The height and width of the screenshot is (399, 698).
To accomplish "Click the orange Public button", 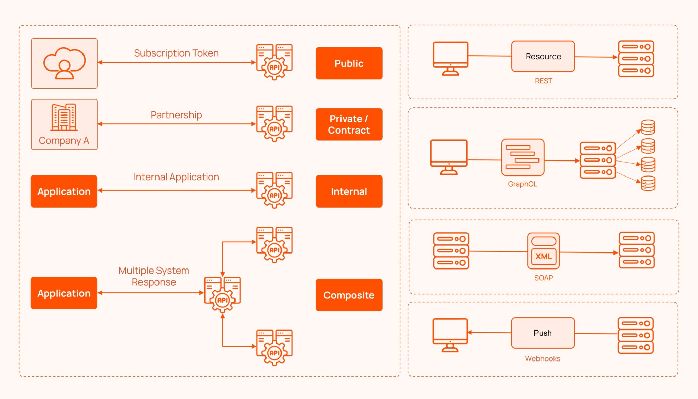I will pos(349,63).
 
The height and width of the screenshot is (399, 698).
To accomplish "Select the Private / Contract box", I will pos(349,124).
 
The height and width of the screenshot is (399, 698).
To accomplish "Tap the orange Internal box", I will pos(349,191).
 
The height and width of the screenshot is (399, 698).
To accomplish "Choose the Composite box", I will pos(349,295).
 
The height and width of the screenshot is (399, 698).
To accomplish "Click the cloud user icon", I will pos(64,63).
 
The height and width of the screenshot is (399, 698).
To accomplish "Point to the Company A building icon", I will pos(64,118).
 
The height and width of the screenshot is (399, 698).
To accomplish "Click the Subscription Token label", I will pos(176,53).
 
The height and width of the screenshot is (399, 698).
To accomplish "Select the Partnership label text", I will pos(176,115).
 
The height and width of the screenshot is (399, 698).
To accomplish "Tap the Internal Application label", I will pos(176,177).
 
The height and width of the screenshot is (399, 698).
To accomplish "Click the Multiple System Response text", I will pos(154,276).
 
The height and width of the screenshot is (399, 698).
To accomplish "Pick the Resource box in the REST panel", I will pos(543,56).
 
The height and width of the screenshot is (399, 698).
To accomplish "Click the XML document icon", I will pos(543,251).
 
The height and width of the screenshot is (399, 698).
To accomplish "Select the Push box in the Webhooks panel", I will pos(543,333).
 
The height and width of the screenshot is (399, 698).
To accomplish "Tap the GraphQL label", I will pos(522,184).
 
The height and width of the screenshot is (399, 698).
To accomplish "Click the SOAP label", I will pos(543,278).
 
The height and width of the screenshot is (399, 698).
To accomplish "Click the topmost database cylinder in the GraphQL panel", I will pos(648,127).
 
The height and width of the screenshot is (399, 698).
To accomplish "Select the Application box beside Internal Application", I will pos(64,191).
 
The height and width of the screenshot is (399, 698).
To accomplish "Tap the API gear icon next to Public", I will pos(274,62).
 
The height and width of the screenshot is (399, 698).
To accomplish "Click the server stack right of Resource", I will pos(636,59).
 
